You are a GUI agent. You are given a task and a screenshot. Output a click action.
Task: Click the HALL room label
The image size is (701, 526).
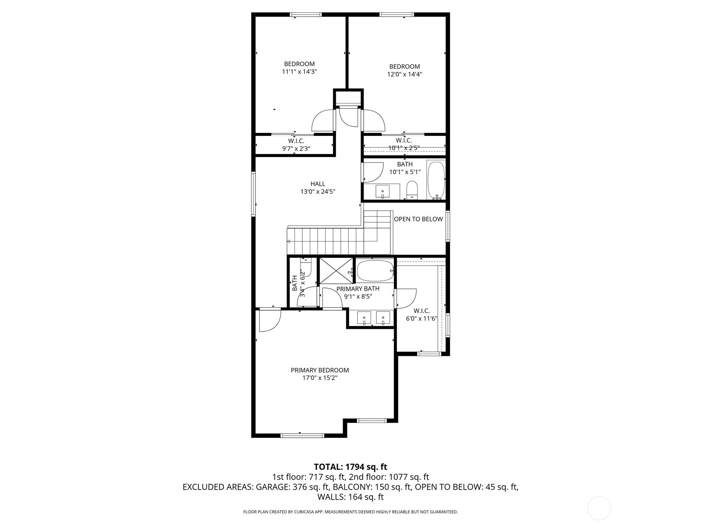point(318,184)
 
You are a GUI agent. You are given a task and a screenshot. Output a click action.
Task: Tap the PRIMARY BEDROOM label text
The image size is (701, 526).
point(319,370)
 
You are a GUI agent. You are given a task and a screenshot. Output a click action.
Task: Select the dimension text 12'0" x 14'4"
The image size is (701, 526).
point(404,74)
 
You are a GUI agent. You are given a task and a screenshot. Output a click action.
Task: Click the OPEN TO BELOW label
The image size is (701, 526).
point(418,219)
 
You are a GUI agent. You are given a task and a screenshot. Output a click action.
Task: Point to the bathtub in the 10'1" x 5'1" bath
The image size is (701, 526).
point(436,180)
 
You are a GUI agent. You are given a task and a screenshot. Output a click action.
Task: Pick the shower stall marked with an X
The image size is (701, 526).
point(336,271)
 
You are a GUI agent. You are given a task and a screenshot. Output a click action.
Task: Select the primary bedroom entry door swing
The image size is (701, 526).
point(268,320)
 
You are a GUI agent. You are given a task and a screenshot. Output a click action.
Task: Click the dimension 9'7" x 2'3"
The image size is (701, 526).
point(296,149)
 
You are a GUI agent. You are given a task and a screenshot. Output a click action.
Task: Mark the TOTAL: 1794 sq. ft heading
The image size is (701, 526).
point(350,467)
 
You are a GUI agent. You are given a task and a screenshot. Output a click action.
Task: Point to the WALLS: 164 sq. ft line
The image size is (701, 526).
point(350,497)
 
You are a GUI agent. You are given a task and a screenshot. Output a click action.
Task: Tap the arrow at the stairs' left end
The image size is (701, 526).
point(289,242)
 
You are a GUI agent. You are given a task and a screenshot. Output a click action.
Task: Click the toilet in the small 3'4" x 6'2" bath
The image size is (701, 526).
point(306,269)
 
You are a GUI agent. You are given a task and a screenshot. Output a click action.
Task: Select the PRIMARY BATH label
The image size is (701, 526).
point(358,288)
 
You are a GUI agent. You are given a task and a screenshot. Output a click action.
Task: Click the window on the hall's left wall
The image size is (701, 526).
point(253,194)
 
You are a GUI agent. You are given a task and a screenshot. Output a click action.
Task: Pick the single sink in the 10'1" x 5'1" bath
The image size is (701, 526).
point(383,192)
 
